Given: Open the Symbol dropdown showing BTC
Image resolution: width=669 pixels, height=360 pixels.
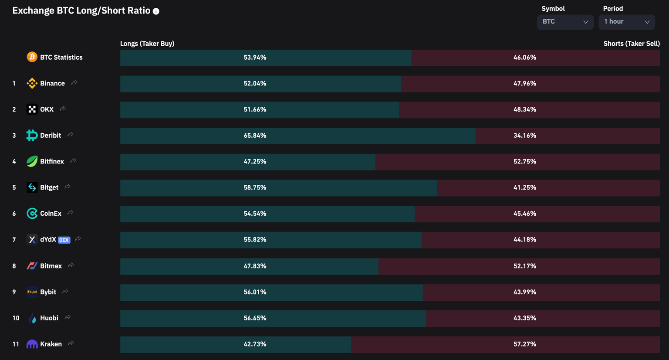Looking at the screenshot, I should (565, 22).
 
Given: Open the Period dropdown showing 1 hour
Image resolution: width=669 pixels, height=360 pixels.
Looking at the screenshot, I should (626, 22).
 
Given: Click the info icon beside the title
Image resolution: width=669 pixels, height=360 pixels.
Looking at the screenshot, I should (156, 11).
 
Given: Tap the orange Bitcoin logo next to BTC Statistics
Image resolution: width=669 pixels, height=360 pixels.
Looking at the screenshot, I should (32, 57).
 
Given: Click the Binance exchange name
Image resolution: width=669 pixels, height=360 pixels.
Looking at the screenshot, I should (52, 83).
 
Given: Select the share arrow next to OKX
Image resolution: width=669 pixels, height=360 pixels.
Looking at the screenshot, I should (63, 109).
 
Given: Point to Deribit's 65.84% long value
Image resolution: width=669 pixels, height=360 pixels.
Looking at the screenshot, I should (255, 136).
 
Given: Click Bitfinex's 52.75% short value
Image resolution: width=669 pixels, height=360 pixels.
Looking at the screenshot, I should (524, 162).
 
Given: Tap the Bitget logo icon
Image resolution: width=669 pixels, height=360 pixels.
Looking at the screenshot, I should (32, 187).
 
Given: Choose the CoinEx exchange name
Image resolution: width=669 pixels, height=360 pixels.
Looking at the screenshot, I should (51, 214).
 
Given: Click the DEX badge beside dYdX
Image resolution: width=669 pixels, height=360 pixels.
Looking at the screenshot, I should (64, 240).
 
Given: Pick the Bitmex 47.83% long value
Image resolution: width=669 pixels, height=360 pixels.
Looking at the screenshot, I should (255, 266).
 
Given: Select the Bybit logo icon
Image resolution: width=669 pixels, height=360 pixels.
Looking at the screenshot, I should (32, 292).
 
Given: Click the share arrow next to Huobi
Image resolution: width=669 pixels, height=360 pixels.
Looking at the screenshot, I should (68, 318).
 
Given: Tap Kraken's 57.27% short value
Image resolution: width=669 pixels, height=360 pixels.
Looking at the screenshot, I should (524, 344).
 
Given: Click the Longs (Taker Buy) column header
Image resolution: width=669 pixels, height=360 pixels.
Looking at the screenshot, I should (147, 44).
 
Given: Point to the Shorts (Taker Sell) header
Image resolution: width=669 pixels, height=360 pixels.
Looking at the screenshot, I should (631, 44).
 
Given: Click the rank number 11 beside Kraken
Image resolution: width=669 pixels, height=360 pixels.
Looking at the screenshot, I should (16, 344).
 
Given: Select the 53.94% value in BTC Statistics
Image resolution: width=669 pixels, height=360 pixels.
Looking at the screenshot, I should (255, 58).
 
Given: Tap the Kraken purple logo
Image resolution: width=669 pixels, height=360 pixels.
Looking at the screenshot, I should (32, 344).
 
